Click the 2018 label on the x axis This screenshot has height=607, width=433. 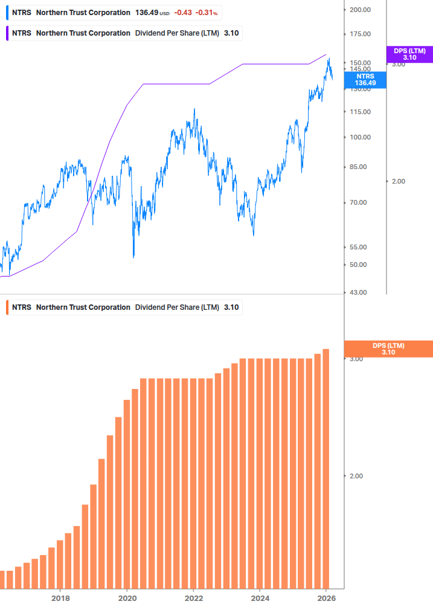[x=60, y=598]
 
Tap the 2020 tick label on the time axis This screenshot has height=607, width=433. [x=127, y=598]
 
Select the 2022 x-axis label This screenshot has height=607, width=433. [x=193, y=598]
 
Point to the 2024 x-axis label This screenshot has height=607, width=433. [x=260, y=598]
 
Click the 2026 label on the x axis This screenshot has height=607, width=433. [x=326, y=598]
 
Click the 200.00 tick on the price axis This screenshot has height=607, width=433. [x=360, y=10]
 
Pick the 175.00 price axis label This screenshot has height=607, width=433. [x=360, y=34]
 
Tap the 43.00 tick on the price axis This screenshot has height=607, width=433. [x=358, y=293]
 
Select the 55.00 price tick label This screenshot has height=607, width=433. [x=358, y=248]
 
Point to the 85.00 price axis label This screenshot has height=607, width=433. [x=358, y=167]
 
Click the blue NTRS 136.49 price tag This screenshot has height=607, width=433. [x=365, y=80]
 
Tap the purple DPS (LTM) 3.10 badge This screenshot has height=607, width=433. [x=409, y=54]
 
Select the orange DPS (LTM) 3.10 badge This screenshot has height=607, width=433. [x=388, y=349]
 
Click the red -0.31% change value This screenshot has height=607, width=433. [x=207, y=13]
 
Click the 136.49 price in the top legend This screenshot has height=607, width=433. [x=146, y=13]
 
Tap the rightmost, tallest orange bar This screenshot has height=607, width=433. [x=326, y=468]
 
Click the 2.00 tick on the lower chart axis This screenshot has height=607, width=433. [x=356, y=476]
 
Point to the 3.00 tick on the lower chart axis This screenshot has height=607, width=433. [x=356, y=359]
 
